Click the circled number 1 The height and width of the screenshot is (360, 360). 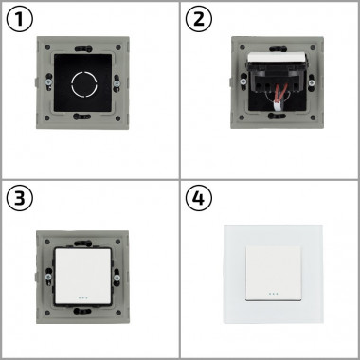21,20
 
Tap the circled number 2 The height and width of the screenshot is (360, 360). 199,20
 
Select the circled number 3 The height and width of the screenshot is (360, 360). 21,199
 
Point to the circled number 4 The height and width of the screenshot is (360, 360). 199,199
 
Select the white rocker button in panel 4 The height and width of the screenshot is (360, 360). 269,269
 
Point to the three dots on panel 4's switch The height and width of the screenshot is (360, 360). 269,292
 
